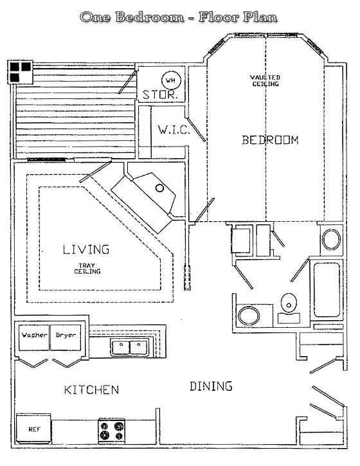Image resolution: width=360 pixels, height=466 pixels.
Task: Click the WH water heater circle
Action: tap(171, 80)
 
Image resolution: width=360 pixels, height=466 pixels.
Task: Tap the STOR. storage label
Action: tap(160, 94)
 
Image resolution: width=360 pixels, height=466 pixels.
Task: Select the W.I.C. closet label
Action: tap(174, 130)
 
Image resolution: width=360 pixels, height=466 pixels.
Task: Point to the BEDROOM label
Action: tap(270, 139)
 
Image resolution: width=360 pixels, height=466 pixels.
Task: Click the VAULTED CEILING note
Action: tap(265, 80)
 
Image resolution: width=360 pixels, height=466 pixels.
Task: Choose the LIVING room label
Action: tap(86, 249)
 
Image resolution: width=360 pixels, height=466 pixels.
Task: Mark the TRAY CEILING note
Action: tap(87, 269)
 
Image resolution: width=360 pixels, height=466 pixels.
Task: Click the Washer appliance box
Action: tap(34, 337)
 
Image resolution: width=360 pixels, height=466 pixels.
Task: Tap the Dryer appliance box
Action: tap(66, 337)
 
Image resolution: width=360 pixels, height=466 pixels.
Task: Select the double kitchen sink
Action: tap(130, 347)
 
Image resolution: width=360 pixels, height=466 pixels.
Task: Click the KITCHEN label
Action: tap(91, 390)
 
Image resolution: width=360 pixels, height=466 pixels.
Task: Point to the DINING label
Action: tap(211, 386)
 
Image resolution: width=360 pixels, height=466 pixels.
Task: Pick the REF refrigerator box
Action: tap(33, 428)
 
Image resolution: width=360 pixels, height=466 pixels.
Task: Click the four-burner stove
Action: tap(111, 431)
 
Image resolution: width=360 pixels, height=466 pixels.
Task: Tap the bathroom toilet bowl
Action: tap(289, 303)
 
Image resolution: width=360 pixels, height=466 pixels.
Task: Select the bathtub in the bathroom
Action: tap(327, 290)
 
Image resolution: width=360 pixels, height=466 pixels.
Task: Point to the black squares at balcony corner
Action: tap(20, 71)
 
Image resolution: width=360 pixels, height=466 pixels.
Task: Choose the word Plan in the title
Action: tap(260, 17)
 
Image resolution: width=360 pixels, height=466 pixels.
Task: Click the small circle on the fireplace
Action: tap(159, 188)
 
